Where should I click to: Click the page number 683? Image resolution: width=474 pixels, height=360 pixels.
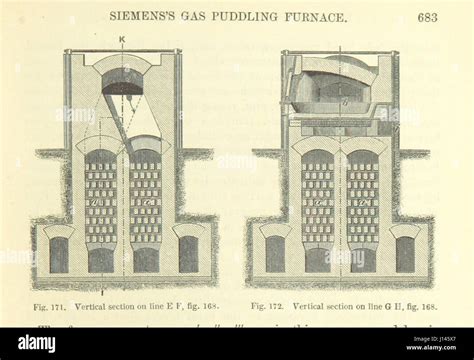pyautogui.click(x=428, y=17)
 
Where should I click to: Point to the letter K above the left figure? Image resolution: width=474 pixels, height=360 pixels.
pyautogui.click(x=121, y=38)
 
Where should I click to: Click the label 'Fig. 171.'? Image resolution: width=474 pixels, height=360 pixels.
pyautogui.click(x=50, y=305)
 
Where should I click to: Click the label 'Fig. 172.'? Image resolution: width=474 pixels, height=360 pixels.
pyautogui.click(x=269, y=305)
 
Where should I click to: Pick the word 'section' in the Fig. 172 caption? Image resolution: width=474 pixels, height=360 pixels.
pyautogui.click(x=343, y=305)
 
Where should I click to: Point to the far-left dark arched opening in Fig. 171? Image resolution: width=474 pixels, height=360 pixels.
pyautogui.click(x=59, y=254)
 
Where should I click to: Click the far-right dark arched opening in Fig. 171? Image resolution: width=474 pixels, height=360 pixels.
pyautogui.click(x=187, y=254)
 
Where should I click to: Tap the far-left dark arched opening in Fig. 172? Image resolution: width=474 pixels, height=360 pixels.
pyautogui.click(x=275, y=254)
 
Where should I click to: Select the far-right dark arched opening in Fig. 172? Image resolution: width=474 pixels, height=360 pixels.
pyautogui.click(x=404, y=254)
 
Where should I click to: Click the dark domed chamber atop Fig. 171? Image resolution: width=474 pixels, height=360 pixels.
pyautogui.click(x=122, y=82)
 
